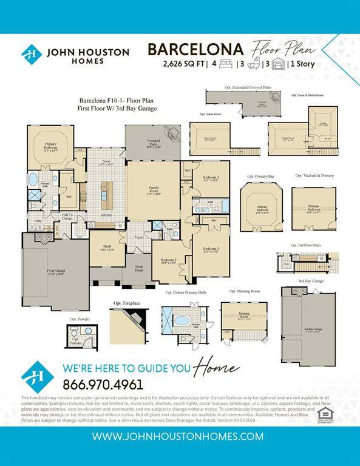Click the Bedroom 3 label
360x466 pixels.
[211, 250]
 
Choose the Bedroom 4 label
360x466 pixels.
[211, 179]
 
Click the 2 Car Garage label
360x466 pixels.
[56, 272]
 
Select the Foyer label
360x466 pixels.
[138, 237]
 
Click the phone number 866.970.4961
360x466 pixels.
[103, 384]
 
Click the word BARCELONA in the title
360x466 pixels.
[195, 49]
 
